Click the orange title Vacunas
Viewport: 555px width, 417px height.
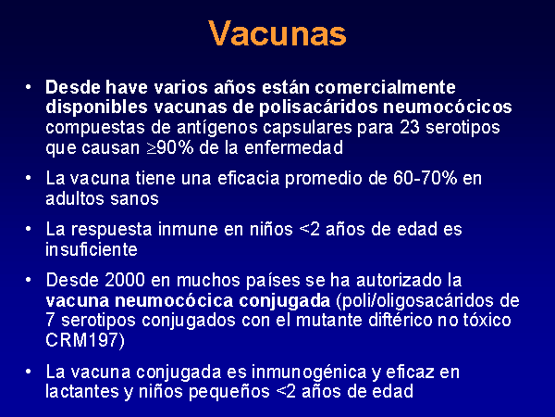coord(277,33)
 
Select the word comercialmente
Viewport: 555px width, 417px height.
coord(385,87)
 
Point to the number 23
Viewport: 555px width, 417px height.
coord(410,127)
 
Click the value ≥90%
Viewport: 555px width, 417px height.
coord(170,147)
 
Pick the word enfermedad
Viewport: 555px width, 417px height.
coord(293,147)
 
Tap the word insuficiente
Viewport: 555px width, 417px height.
coord(92,249)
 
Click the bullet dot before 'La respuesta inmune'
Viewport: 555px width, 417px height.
coord(29,229)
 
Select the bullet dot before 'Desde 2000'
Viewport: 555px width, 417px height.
coord(29,280)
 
